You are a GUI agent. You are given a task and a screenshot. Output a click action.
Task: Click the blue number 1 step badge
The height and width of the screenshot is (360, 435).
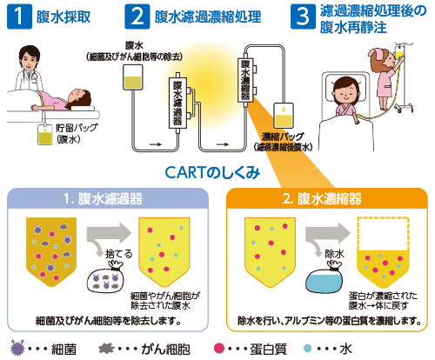[x=19, y=17]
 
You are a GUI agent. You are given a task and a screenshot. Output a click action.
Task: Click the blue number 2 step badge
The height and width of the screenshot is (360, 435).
[x=137, y=17]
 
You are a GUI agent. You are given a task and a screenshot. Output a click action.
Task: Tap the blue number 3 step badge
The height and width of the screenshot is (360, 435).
[x=303, y=17]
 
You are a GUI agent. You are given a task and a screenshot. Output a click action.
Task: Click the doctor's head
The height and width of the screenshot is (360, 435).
[x=29, y=59]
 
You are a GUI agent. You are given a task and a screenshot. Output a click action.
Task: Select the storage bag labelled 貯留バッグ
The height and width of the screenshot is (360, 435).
[x=45, y=134]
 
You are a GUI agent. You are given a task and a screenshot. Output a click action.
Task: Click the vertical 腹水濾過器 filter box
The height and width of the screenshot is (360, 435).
[x=177, y=103]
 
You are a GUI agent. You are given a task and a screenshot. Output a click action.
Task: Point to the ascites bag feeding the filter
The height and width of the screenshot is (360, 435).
[x=133, y=77]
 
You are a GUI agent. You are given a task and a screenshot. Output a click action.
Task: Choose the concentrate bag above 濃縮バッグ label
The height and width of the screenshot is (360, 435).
[x=284, y=116]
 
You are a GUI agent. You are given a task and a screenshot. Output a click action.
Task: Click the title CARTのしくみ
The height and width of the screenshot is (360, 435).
[x=212, y=173]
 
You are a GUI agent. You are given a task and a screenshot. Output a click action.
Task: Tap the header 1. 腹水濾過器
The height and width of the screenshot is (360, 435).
[x=103, y=199]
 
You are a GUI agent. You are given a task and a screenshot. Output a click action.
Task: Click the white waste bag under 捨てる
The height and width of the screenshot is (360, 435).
[x=106, y=277]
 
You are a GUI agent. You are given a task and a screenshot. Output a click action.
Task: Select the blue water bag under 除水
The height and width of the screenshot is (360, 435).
[x=325, y=277]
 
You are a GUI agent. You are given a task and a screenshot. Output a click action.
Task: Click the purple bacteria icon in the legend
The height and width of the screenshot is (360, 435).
[x=17, y=348]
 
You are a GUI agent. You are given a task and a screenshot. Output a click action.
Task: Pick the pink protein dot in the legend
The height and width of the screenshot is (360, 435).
[x=219, y=348]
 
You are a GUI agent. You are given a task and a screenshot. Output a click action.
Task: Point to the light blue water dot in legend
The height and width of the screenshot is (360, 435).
[x=307, y=348]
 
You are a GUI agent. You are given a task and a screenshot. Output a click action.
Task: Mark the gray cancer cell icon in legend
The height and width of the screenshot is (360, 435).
[x=106, y=348]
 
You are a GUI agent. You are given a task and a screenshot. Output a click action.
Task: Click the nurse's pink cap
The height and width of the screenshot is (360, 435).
[x=376, y=53]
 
